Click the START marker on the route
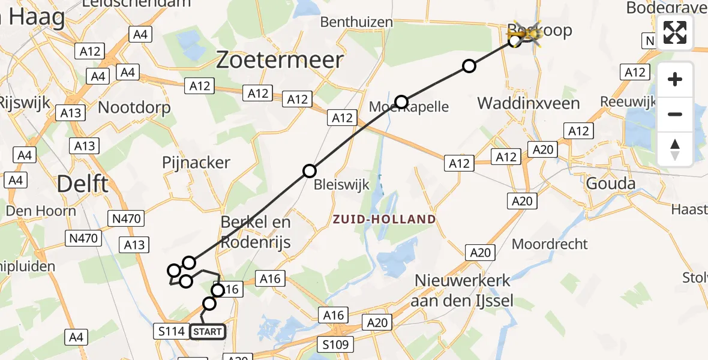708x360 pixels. coord(208,331)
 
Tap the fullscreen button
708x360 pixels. coord(675,32)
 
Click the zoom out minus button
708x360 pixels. coord(675,114)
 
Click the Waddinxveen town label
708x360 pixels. coord(528,103)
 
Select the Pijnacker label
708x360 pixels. coord(196,163)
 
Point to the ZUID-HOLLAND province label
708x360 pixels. coord(385,220)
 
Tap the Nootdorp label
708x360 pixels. coord(134,108)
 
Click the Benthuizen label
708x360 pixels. coord(356,22)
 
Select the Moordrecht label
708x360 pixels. coord(550,244)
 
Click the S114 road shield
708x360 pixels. coord(170,331)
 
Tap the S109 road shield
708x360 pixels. coord(335,344)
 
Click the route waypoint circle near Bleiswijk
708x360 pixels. coord(309,171)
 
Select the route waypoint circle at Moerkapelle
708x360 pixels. coord(401,102)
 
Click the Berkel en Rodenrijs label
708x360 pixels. coord(256,232)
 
